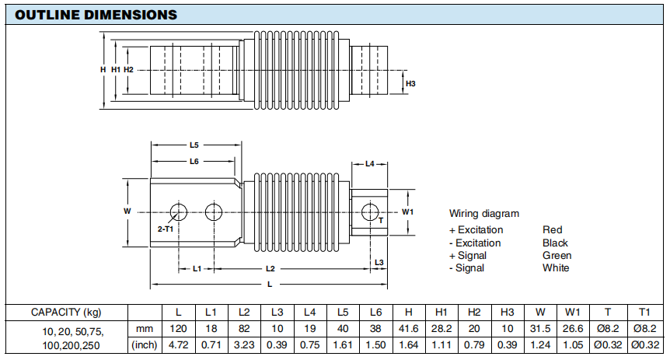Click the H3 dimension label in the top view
tap(411, 83)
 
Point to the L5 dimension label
tap(194, 145)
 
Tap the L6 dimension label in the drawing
tap(194, 161)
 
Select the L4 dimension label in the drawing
tap(370, 164)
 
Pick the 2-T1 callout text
tap(165, 230)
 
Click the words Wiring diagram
tap(483, 213)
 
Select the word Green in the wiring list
tap(557, 255)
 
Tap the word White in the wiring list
tap(556, 267)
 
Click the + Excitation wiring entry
tap(476, 230)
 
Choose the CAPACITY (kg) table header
tap(65, 312)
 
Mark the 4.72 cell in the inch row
tap(179, 344)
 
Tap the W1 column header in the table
tap(574, 312)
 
